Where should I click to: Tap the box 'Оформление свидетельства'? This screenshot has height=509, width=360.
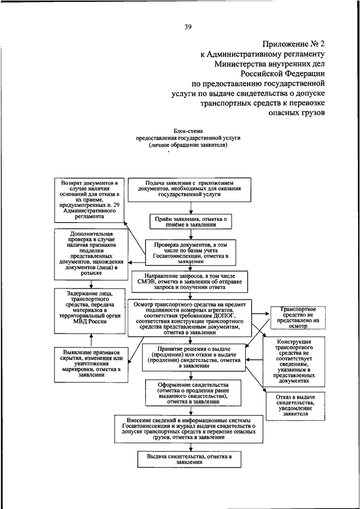[193, 393]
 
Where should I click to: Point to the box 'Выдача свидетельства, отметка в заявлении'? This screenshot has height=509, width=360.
[188, 460]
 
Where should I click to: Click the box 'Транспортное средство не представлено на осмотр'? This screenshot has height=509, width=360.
[295, 317]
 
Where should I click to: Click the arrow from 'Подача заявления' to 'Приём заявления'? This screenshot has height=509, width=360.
[188, 208]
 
